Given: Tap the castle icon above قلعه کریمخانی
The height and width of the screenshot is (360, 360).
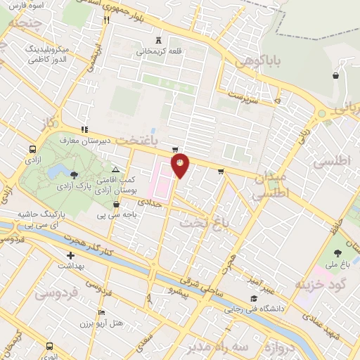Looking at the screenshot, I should point(157,40).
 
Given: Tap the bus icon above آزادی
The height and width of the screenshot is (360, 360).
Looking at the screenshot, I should point(32,150).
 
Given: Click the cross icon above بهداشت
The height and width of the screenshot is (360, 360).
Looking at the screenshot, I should point(70,256).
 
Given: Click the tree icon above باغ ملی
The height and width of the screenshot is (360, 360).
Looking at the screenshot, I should point(336,252).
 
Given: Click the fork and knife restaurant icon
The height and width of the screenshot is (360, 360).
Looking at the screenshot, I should point(106,20).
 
